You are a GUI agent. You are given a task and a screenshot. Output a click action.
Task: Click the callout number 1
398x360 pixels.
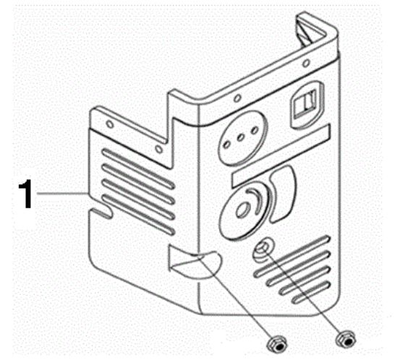pyautogui.click(x=25, y=194)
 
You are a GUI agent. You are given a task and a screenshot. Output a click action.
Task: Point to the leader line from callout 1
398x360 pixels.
pyautogui.click(x=62, y=194)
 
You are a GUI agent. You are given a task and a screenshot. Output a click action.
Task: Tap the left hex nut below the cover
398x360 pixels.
pyautogui.click(x=276, y=345)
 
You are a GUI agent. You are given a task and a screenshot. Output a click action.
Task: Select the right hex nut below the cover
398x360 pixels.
pyautogui.click(x=345, y=339)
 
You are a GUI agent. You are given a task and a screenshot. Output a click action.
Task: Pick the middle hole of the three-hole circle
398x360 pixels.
pyautogui.click(x=241, y=137)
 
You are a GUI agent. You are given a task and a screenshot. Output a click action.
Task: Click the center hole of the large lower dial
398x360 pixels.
pyautogui.click(x=242, y=209)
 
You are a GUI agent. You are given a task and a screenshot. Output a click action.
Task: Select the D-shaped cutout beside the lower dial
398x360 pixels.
pyautogui.click(x=281, y=194)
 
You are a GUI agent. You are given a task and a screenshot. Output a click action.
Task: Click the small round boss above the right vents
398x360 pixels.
pyautogui.click(x=263, y=249)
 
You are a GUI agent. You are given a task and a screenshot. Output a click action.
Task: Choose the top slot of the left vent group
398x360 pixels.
pyautogui.click(x=139, y=168)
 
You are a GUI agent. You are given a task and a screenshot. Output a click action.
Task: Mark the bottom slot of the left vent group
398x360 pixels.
pyautogui.click(x=139, y=215)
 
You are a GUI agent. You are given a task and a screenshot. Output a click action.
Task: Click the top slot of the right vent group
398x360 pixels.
pyautogui.click(x=292, y=256)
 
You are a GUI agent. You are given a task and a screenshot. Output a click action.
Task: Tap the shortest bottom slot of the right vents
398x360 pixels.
pyautogui.click(x=311, y=293)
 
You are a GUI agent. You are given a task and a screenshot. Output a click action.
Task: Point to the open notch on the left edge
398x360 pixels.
pyautogui.click(x=101, y=213)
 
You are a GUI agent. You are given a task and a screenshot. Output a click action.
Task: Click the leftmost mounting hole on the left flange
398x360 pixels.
pyautogui.click(x=110, y=124)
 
